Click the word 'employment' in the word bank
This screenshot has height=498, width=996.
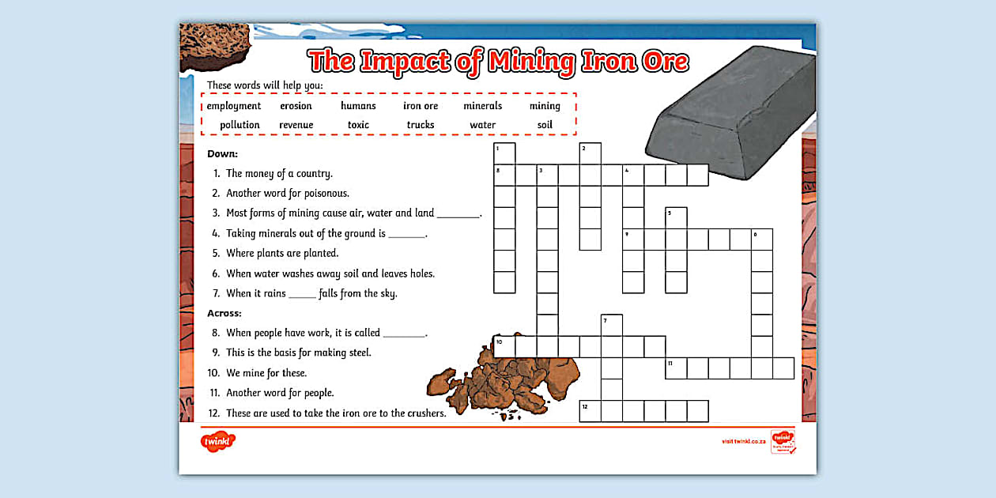point(234,106)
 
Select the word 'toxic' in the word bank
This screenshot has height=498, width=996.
point(358,125)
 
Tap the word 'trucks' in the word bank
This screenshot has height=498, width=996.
point(421,125)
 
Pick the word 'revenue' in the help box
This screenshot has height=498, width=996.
point(296,125)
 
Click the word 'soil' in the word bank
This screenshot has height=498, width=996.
point(545,125)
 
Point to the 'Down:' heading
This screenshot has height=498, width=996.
point(222,153)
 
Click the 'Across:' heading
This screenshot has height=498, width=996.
point(224,313)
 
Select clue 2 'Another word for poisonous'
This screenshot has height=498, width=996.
point(287,193)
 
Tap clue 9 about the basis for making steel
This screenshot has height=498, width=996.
point(298,353)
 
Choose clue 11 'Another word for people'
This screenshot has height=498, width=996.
point(280,393)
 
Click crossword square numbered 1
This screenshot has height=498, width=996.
point(504,153)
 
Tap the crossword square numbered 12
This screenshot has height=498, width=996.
point(590,411)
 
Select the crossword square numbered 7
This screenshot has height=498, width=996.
point(612,325)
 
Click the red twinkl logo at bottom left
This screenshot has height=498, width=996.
point(218,442)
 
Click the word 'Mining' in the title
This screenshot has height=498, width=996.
point(532,62)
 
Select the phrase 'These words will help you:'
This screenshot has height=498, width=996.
point(265,85)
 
